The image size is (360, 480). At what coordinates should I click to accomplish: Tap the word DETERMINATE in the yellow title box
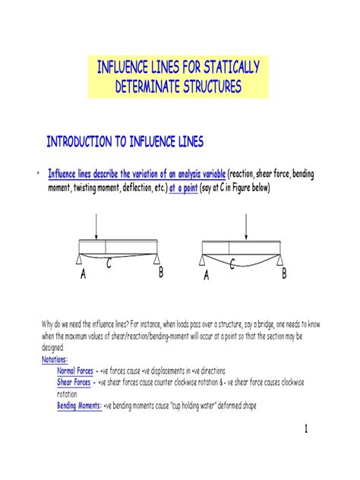[x=150, y=87]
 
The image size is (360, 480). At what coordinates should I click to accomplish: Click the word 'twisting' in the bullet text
[x=93, y=188]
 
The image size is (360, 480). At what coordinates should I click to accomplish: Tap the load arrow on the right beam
[x=248, y=226]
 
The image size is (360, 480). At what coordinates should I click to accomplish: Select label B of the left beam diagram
[x=161, y=273]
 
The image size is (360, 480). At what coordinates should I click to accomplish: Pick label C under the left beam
[x=109, y=264]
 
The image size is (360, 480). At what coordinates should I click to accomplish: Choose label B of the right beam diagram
[x=284, y=273]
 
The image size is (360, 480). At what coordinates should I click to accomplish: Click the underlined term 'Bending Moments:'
[x=80, y=406]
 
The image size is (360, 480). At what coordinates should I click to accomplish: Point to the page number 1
[x=305, y=430]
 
